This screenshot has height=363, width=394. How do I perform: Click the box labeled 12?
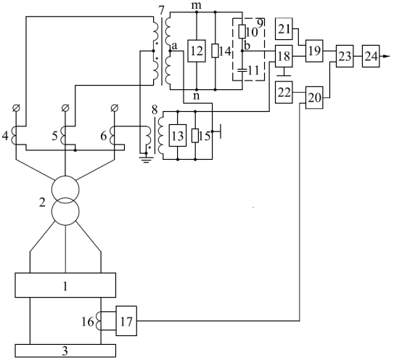tap(197, 51)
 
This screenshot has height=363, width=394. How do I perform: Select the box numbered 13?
tap(178, 135)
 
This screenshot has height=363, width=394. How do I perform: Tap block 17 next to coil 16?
tap(126, 321)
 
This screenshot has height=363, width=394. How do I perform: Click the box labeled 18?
tap(284, 56)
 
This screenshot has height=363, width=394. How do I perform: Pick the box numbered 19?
tap(314, 51)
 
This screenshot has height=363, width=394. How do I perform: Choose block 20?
tap(314, 97)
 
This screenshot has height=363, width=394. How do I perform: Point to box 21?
tap(284, 29)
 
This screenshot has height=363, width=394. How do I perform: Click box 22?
tap(284, 92)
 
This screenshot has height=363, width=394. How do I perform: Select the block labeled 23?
tap(345, 56)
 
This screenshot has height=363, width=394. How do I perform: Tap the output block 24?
tap(371, 56)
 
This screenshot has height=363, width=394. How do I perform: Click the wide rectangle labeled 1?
tap(65, 285)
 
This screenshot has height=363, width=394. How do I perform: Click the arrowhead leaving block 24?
tap(385, 57)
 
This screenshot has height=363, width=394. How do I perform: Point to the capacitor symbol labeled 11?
tap(242, 70)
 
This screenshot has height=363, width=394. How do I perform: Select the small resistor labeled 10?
tap(242, 32)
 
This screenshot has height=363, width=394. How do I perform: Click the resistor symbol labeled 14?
tap(216, 51)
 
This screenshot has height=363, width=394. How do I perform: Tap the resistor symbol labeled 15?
tap(195, 135)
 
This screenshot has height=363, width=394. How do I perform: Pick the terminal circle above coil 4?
tap(16, 108)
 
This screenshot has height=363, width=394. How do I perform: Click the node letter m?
tap(196, 6)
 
